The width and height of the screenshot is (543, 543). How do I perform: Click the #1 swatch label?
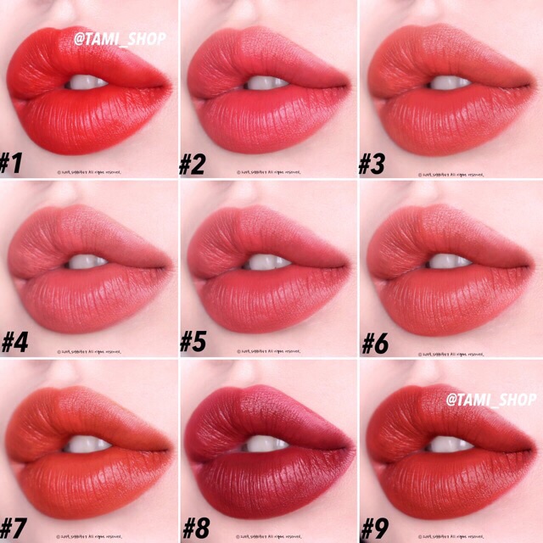point(13,163)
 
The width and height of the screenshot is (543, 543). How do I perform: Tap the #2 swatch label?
point(193,163)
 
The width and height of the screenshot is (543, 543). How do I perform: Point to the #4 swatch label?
point(14,344)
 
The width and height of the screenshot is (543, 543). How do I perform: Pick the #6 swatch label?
point(375,344)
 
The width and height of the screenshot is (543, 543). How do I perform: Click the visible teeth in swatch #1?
point(87,82)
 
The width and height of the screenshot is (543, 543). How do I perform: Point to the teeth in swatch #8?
point(266,444)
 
